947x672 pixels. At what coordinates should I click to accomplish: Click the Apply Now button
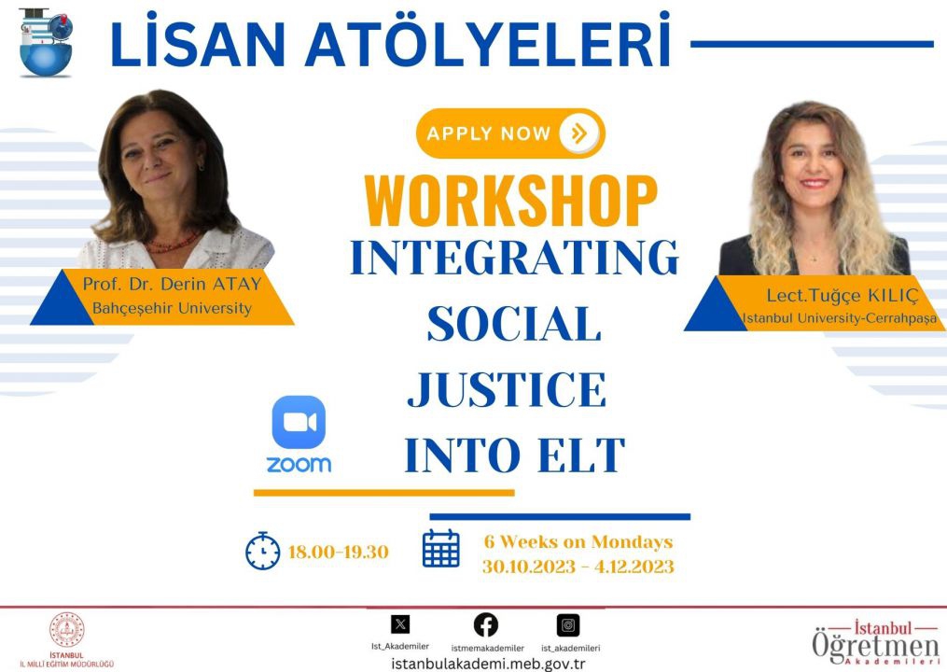(x=510, y=133)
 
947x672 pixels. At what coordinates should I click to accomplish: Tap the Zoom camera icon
(x=299, y=422)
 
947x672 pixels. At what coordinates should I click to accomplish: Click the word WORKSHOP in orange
(x=511, y=201)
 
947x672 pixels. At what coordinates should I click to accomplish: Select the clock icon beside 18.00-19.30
(x=263, y=551)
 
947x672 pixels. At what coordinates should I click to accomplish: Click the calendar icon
(x=441, y=548)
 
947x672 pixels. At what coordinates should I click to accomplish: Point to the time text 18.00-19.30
(x=338, y=552)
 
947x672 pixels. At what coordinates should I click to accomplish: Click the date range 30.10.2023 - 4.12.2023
(x=578, y=567)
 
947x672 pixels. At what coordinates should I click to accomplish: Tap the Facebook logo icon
(x=486, y=624)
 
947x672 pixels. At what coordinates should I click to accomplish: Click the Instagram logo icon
(x=568, y=624)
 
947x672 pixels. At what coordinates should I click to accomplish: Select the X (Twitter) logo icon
(x=400, y=623)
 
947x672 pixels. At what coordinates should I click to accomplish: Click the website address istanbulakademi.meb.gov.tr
(x=488, y=664)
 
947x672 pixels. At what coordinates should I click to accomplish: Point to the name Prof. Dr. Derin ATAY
(x=172, y=284)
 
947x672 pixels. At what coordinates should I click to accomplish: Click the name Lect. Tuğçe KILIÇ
(x=843, y=296)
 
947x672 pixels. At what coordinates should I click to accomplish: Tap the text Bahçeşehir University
(x=172, y=308)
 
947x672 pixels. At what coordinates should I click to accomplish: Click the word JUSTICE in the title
(x=507, y=389)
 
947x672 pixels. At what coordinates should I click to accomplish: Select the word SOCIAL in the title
(x=514, y=323)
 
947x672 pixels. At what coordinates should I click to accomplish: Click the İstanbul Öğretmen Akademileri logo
(x=876, y=642)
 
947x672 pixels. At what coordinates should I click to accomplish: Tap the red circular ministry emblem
(x=66, y=630)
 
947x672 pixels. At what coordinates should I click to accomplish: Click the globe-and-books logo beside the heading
(x=46, y=42)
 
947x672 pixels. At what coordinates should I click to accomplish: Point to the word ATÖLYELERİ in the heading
(x=488, y=44)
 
